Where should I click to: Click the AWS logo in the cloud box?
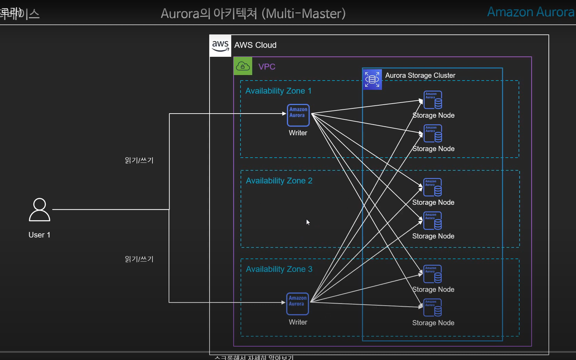click(x=220, y=46)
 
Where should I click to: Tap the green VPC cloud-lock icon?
click(x=243, y=66)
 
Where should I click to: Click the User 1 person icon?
click(x=40, y=209)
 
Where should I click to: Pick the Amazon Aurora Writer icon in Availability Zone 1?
click(x=298, y=115)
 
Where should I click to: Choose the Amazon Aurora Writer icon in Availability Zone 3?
click(x=298, y=304)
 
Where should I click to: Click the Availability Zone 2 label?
click(x=279, y=181)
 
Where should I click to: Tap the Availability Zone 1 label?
click(x=278, y=91)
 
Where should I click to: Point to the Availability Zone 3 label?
click(x=279, y=269)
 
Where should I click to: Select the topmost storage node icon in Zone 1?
click(x=433, y=100)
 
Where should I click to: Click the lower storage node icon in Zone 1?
click(x=433, y=134)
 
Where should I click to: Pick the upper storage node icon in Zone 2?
click(x=433, y=187)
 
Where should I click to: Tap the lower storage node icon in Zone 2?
click(x=433, y=221)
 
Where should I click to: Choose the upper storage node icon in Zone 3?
click(x=433, y=274)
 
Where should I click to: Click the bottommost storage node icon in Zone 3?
click(x=433, y=307)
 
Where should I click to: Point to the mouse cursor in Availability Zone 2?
click(x=308, y=222)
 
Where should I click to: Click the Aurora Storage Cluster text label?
click(x=420, y=75)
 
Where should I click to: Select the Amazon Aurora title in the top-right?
click(x=531, y=12)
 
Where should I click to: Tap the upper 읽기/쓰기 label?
click(x=139, y=160)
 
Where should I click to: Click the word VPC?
click(x=267, y=67)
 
